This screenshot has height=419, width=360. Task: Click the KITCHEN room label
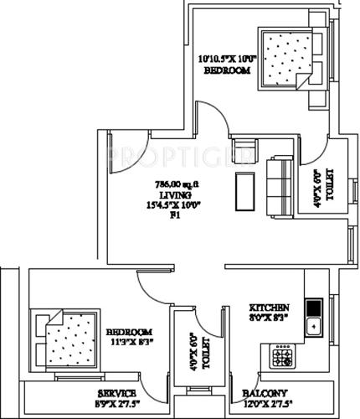[x=269, y=308]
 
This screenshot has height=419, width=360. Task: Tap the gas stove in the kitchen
[x=282, y=358]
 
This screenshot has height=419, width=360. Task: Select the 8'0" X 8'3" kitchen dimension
[x=269, y=318]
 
